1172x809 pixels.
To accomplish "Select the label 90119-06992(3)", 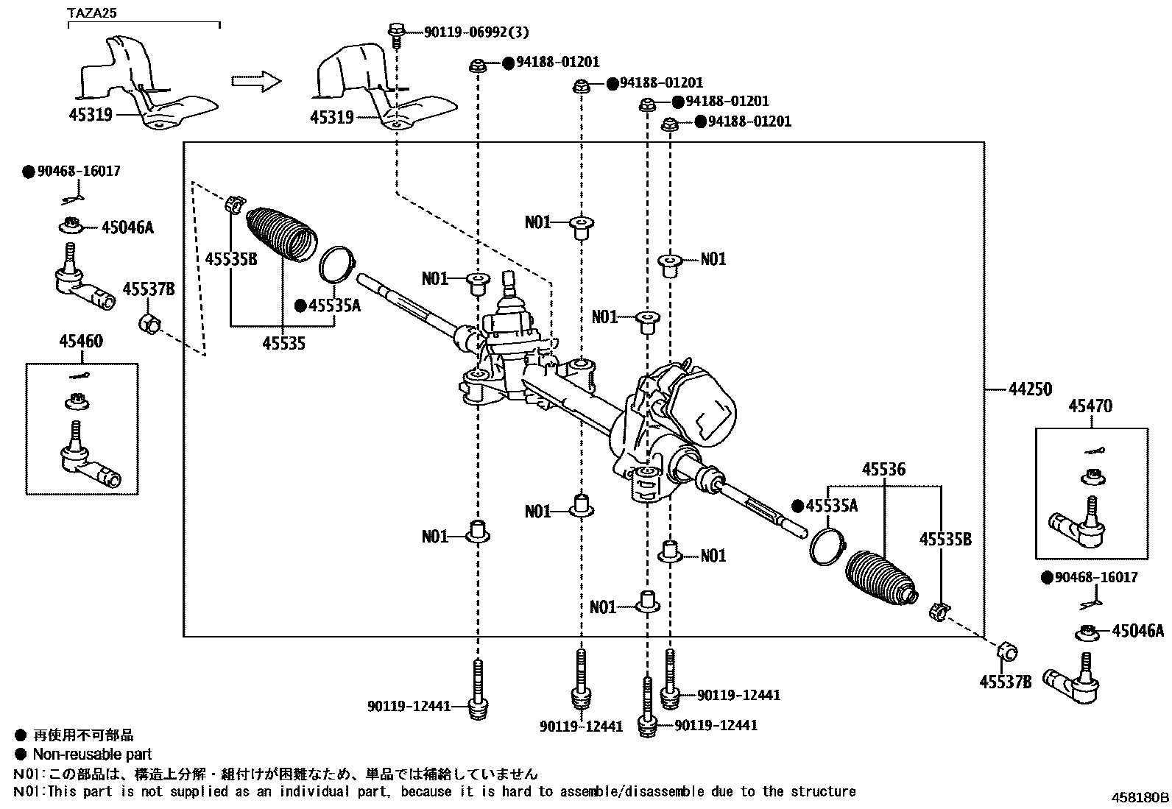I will [476, 32].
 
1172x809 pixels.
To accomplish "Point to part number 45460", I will [81, 342].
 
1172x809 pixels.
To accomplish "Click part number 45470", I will [1090, 406].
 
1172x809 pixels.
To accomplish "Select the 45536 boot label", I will [883, 470].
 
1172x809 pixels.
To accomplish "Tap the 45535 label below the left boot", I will [284, 342].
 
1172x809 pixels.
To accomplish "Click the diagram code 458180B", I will [1140, 797].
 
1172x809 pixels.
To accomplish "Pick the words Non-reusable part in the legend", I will [92, 754].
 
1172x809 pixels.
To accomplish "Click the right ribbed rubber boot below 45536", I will [881, 579].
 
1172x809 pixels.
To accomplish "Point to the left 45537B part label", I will [148, 289].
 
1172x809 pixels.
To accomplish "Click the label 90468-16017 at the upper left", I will [77, 171].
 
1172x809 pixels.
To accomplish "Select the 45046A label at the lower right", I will [1137, 631].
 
